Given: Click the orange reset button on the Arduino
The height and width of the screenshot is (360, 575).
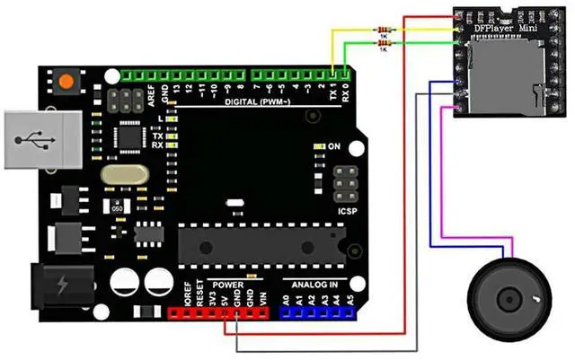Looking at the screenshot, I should click(66, 82).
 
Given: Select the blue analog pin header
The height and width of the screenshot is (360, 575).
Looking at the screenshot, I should click(317, 312).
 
